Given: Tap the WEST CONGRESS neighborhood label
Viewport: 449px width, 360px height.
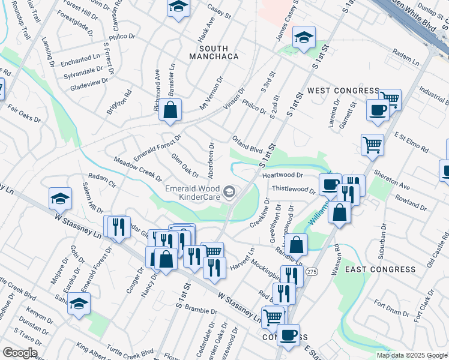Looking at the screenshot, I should point(343,91).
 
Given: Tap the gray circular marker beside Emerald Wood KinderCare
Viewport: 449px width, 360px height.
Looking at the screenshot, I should point(229,192).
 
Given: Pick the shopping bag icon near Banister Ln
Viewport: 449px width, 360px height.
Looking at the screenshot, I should point(170,110).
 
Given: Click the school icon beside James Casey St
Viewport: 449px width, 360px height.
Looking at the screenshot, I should point(304,37).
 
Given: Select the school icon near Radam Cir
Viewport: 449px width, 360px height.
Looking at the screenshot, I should point(60,198).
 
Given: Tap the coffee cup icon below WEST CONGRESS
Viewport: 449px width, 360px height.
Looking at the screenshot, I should point(378,110).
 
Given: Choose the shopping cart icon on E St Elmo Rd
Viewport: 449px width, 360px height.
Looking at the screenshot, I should point(372,145).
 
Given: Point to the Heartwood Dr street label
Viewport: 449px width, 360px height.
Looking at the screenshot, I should point(283,175).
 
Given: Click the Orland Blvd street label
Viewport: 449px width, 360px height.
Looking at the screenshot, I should point(248,145).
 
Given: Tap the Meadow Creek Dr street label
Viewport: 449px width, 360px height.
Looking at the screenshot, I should point(138,169).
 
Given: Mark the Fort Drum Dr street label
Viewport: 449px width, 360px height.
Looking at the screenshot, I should point(391,313).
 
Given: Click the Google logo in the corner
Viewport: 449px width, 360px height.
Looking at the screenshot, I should point(20,353).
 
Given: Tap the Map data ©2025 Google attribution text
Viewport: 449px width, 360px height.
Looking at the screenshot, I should point(412,355).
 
